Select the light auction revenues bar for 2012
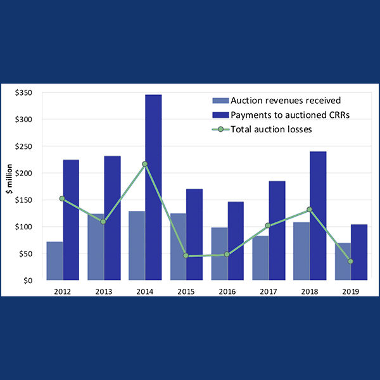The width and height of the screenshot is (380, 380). [x=54, y=260]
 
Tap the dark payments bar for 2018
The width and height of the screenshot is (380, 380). [x=318, y=215]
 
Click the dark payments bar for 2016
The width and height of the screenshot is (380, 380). [x=236, y=241]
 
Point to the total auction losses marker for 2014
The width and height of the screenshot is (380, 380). [x=145, y=164]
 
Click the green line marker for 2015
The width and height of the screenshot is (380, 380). [x=186, y=256]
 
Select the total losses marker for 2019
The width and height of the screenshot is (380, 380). [x=350, y=261]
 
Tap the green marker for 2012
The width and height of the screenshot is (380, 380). [x=62, y=198]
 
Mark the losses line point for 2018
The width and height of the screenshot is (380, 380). [x=309, y=210]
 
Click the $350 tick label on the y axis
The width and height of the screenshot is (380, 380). [x=25, y=92]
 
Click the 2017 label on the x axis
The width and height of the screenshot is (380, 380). [x=269, y=292]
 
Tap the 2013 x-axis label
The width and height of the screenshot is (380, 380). [x=103, y=292]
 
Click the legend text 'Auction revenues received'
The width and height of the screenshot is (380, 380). [x=277, y=101]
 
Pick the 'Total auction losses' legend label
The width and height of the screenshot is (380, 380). [x=272, y=129]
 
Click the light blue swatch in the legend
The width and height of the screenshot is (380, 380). [x=219, y=101]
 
